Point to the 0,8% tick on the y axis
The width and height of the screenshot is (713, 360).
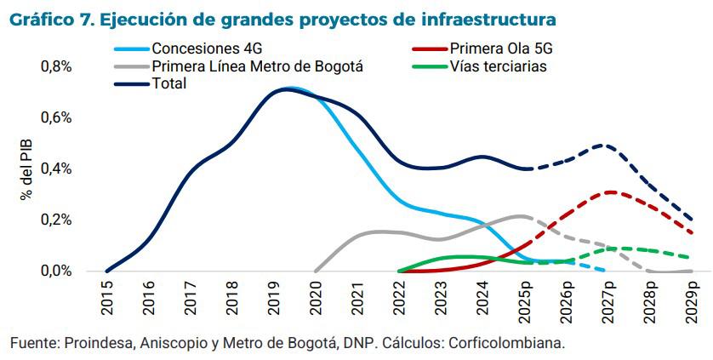[x=56, y=66]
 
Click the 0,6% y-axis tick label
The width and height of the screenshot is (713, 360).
[x=56, y=117]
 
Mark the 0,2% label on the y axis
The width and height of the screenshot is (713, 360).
[x=56, y=220]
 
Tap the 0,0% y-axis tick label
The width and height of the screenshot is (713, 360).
[x=56, y=271]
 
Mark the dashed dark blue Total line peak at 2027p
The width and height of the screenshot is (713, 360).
[x=606, y=146]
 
